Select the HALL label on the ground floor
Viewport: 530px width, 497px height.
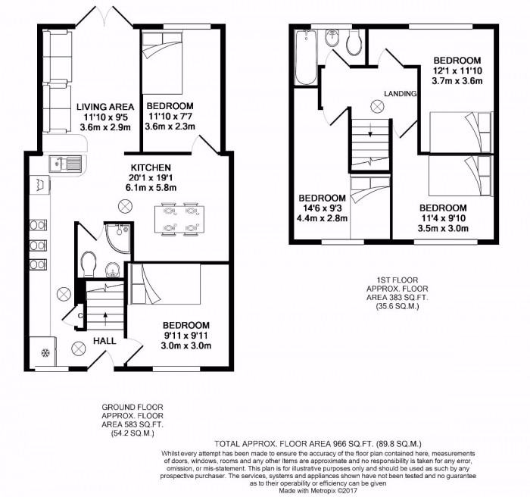pos(104,341)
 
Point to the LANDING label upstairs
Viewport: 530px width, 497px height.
pos(401,93)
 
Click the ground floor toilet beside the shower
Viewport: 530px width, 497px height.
pos(88,264)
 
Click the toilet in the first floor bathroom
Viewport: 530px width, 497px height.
pos(354,45)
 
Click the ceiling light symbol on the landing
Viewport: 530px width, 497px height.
pos(377,106)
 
